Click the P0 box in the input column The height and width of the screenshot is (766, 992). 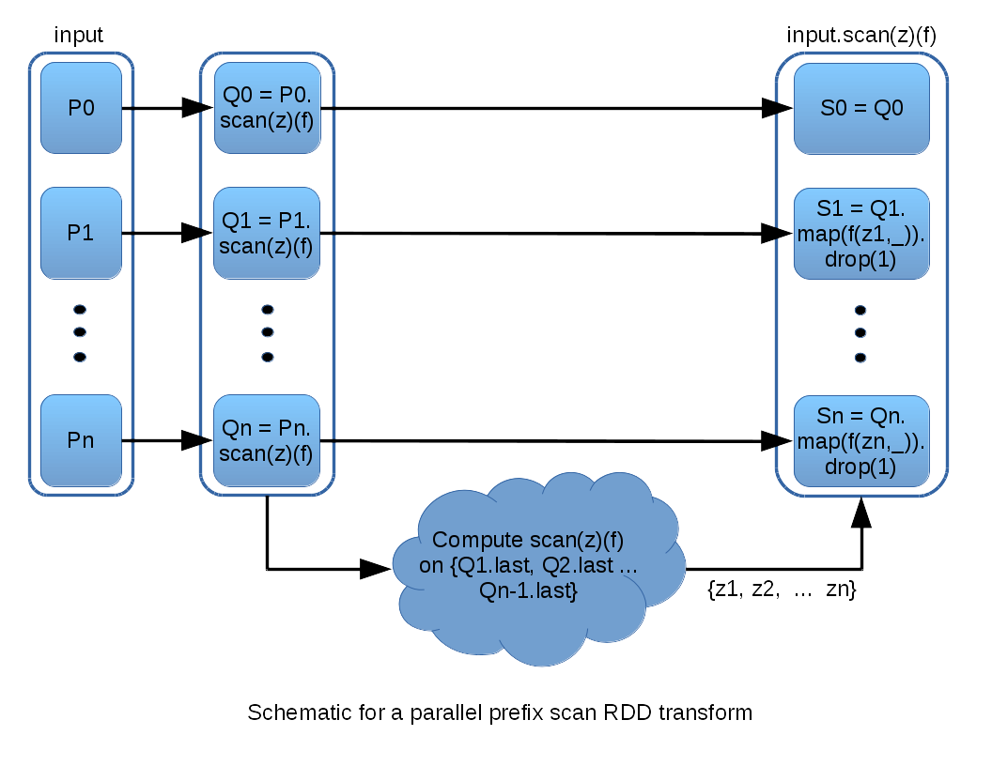pos(81,108)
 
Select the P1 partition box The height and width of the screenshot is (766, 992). pos(81,233)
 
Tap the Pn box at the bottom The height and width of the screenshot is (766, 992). pos(81,439)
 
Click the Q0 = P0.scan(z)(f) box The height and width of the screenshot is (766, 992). pos(268,108)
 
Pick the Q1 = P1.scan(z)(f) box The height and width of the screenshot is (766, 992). pos(268,233)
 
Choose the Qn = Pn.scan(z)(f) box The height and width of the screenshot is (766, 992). pos(268,439)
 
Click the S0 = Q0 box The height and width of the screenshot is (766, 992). pos(861,108)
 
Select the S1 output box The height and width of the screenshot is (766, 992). pos(861,233)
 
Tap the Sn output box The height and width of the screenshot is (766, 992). pos(861,439)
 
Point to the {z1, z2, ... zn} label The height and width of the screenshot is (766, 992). pos(781,590)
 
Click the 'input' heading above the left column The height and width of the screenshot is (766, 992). pos(79,36)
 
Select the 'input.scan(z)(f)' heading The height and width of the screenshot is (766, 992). pos(860,36)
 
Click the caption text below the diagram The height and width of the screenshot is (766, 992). pos(499,712)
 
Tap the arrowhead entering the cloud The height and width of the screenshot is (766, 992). pos(377,568)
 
